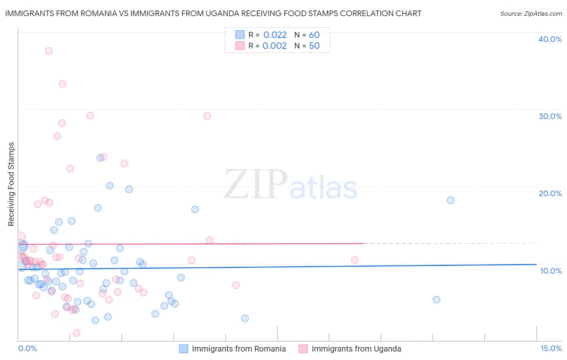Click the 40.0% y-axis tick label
[x=550, y=39]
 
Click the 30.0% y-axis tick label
[x=550, y=116]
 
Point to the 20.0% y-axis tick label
[x=550, y=193]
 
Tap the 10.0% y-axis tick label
[x=550, y=271]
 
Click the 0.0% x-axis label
[x=27, y=349]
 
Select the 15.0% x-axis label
[x=551, y=349]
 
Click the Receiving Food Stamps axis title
[x=11, y=184]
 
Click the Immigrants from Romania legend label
[x=239, y=349]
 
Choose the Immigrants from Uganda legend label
[x=356, y=349]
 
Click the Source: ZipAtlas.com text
[x=531, y=14]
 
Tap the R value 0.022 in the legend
[x=275, y=35]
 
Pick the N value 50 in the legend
[x=314, y=46]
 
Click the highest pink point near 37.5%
[x=49, y=51]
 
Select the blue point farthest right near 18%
[x=450, y=200]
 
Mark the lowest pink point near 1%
[x=77, y=333]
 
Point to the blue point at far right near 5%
[x=436, y=299]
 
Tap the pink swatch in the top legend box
[x=240, y=46]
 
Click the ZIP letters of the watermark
[x=256, y=185]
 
